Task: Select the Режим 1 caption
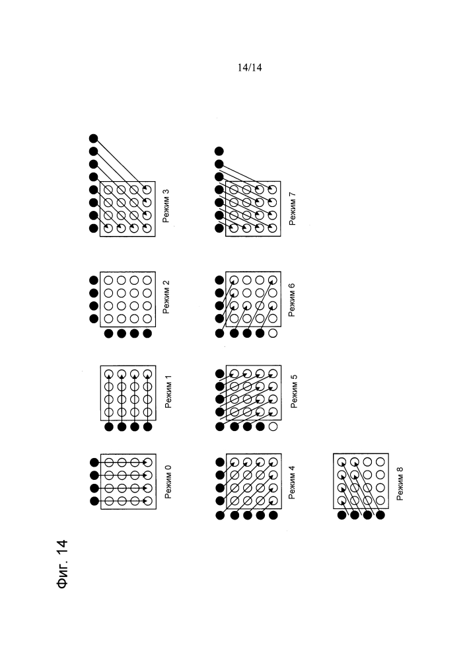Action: [168, 393]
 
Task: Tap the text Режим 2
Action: [168, 297]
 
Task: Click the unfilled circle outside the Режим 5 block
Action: [273, 427]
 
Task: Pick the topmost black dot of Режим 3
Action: [94, 139]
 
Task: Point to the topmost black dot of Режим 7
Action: [219, 151]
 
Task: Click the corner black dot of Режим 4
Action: [220, 514]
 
